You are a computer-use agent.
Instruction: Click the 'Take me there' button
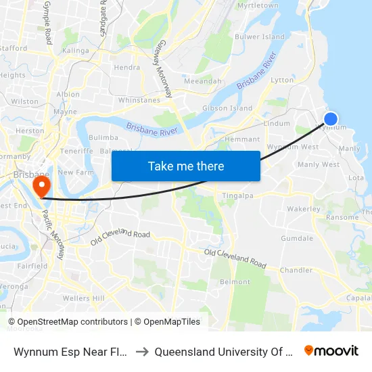(186, 166)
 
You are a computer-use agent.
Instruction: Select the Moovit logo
(331, 351)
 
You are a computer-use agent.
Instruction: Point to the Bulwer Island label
(259, 37)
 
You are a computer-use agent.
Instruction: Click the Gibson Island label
(227, 108)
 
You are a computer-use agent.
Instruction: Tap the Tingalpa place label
(237, 196)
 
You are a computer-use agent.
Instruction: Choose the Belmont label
(235, 282)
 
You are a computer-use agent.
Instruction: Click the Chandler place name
(296, 270)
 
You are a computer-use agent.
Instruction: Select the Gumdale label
(297, 238)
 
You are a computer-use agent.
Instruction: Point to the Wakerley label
(303, 209)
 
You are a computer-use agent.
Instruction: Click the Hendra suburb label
(127, 67)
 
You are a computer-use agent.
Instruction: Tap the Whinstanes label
(139, 100)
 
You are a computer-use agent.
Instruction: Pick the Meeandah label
(203, 81)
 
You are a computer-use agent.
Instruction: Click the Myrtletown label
(258, 5)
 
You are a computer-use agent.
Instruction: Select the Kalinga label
(75, 51)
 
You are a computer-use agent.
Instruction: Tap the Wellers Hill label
(83, 298)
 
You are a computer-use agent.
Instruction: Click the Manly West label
(318, 164)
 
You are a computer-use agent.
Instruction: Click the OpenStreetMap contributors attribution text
(72, 322)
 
